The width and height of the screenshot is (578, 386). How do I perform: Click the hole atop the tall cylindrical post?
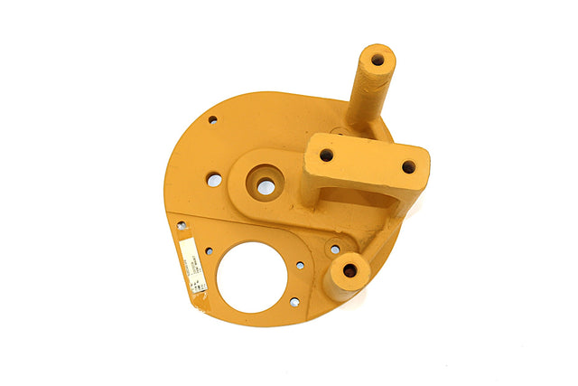point(378,60)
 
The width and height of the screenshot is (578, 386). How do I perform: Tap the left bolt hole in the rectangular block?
point(326,155)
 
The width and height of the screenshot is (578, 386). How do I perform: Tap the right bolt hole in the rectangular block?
point(408,166)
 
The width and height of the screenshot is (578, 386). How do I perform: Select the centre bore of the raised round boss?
point(266,187)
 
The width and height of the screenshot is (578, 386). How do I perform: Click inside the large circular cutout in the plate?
point(252,278)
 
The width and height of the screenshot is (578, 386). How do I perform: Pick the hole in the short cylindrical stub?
point(350,270)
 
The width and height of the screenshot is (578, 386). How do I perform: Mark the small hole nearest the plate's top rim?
point(213,118)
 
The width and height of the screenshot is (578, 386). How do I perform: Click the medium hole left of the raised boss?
point(214,180)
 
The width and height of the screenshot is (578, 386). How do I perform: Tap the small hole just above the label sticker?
point(182,225)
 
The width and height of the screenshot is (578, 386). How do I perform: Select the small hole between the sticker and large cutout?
point(209,250)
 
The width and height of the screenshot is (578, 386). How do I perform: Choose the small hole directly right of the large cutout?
point(300,266)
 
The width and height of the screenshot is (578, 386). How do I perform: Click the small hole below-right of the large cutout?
point(294,302)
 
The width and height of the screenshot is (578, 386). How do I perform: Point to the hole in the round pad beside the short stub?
point(335,249)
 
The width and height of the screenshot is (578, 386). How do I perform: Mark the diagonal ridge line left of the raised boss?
point(203,210)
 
